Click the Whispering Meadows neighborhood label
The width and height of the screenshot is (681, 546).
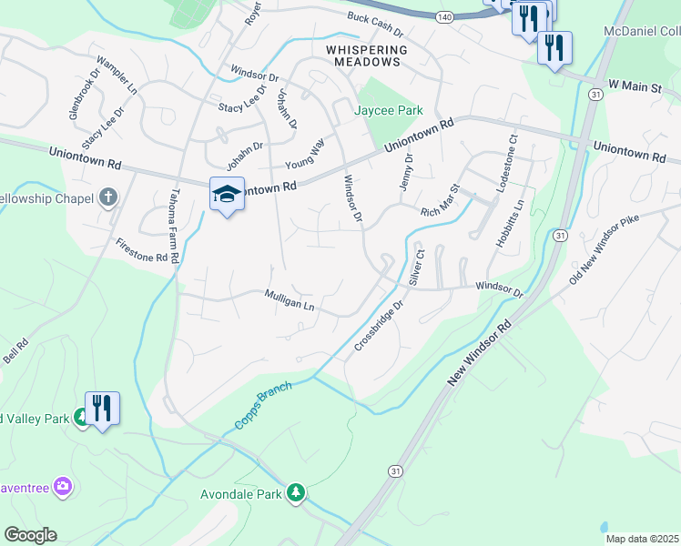pos(362,55)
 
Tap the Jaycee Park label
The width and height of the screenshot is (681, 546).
pos(389,110)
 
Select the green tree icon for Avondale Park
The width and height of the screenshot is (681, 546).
pos(295,492)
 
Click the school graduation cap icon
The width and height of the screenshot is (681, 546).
pos(227,193)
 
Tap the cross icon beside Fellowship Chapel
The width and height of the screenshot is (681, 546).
pos(108,197)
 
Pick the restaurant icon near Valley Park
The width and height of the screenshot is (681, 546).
pos(102,408)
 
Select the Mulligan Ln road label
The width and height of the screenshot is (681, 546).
pos(289,301)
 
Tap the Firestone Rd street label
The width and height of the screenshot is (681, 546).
pos(141,251)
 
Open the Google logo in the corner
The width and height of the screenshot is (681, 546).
pos(30,535)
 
